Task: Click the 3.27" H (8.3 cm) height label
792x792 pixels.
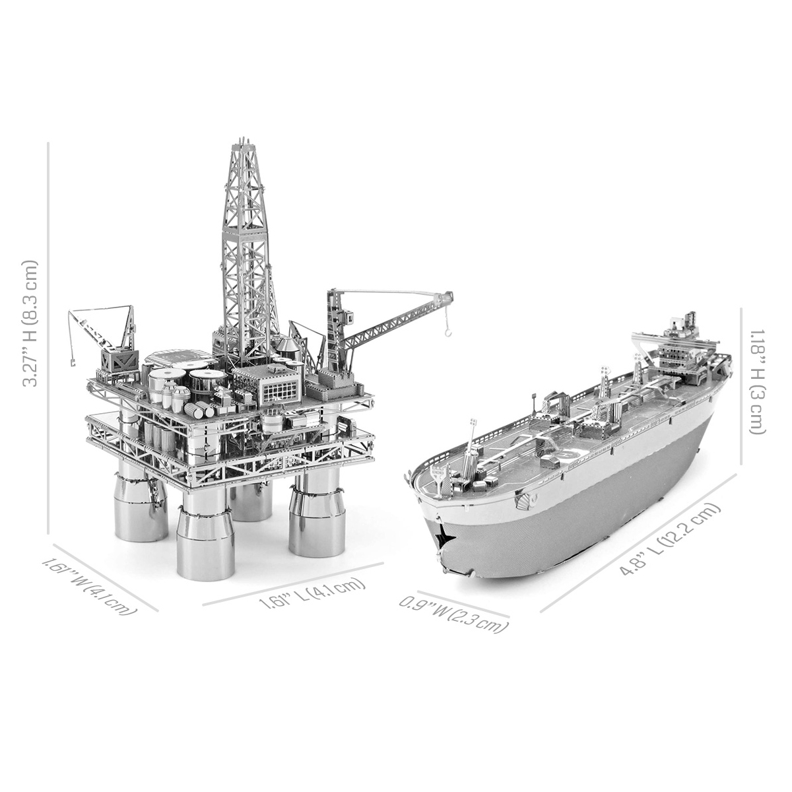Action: click(30, 323)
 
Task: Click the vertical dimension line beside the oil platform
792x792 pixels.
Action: click(49, 337)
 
